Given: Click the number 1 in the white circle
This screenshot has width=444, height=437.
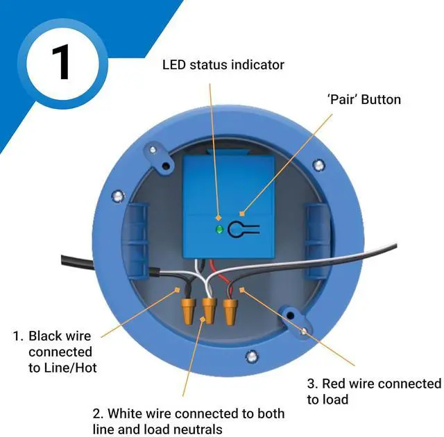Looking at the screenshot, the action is tap(60, 62).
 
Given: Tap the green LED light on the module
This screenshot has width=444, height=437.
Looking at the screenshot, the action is tap(220, 229).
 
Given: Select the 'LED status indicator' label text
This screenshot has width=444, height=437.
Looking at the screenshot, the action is tap(223, 65).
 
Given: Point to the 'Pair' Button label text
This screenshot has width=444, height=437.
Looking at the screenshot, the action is tap(364, 100).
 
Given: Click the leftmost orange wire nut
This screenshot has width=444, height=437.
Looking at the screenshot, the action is tap(187, 308).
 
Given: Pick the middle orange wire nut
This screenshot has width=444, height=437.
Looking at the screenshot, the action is tap(209, 311).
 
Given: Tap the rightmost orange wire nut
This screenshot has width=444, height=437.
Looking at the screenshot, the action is tap(230, 309).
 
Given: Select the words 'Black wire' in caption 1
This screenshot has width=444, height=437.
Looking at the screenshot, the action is tap(59, 336).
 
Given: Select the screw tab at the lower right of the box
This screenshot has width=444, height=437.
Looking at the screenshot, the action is tap(292, 318).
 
